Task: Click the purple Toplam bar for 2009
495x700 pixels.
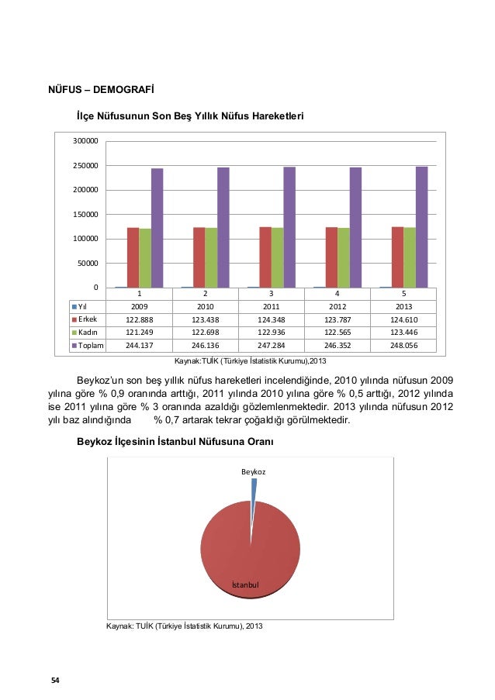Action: (157, 228)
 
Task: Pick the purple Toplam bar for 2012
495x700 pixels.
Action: (355, 228)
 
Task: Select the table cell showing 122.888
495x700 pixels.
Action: (139, 318)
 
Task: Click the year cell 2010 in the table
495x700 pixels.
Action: (205, 305)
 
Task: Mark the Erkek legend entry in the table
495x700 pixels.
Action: (86, 318)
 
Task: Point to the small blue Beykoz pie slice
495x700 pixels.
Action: (253, 488)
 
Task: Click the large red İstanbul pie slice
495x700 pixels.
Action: (250, 547)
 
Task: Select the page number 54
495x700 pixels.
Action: (55, 680)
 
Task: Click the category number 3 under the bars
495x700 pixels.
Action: (272, 294)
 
